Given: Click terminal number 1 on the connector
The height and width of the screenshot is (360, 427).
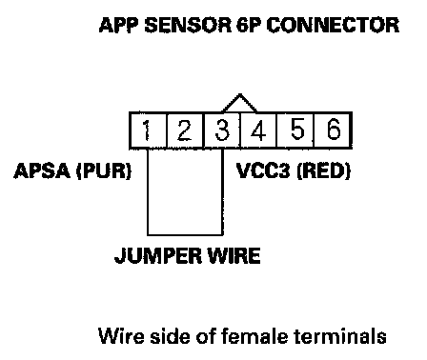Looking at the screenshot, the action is (148, 130).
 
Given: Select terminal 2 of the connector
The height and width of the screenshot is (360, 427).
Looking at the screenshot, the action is (185, 130).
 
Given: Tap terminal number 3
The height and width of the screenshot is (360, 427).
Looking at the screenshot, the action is (222, 130).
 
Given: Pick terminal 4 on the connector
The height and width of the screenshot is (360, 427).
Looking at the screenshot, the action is (258, 130).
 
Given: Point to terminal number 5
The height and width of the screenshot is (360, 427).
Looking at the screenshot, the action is (295, 130).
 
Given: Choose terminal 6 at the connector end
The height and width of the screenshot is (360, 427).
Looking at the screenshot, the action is (333, 130).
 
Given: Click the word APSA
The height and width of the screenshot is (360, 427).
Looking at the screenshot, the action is (42, 170).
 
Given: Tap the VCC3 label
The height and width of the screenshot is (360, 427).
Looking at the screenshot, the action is (263, 170).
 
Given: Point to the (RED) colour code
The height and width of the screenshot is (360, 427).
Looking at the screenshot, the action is (323, 171).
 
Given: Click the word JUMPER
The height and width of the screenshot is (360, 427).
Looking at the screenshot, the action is (158, 255).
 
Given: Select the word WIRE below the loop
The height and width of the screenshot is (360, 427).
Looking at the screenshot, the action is (234, 255).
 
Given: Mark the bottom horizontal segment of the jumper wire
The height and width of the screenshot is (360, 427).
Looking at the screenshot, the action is (185, 234).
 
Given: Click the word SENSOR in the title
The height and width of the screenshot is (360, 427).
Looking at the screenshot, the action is (188, 25).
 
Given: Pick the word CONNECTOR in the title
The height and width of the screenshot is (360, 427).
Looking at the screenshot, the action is (333, 25).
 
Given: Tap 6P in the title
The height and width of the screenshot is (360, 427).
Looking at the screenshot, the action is (249, 25).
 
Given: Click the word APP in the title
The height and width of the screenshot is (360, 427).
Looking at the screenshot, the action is (119, 25).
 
